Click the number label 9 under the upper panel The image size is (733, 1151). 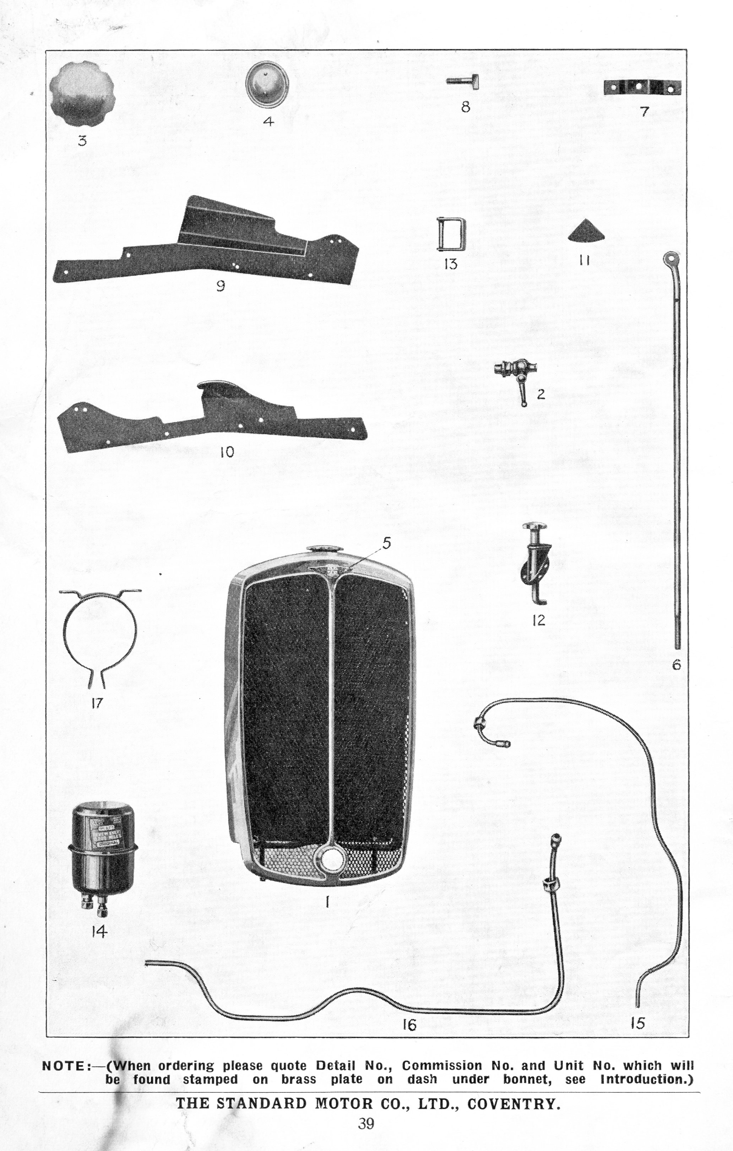(220, 286)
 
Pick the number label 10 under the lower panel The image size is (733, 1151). (227, 452)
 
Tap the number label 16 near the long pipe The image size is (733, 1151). (409, 1024)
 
